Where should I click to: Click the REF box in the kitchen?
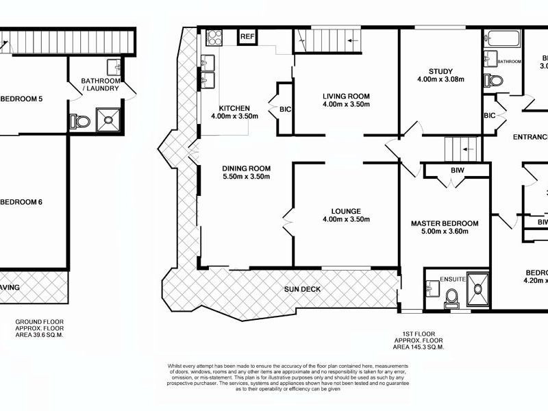coord(247,37)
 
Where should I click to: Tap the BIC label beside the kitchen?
coord(284,108)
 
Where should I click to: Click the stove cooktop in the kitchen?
coord(212,36)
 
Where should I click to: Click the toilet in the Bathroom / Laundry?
coord(80,121)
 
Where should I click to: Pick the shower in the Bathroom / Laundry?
coord(108,119)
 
